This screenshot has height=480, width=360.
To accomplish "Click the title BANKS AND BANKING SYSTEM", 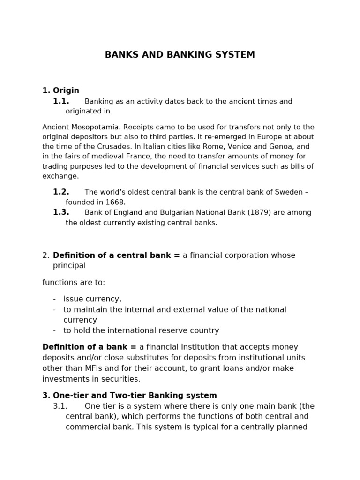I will pos(180,55).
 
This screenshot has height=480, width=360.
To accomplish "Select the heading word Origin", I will pos(66,90).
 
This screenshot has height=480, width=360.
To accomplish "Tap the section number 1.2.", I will pos(61,192).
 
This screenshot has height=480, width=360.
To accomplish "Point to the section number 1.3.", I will pos(61,212).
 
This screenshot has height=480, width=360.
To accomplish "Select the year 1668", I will pos(114,202).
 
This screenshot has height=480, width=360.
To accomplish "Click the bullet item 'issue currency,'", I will pos(92,299).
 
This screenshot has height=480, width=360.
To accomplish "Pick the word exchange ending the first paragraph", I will pos(60,176).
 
